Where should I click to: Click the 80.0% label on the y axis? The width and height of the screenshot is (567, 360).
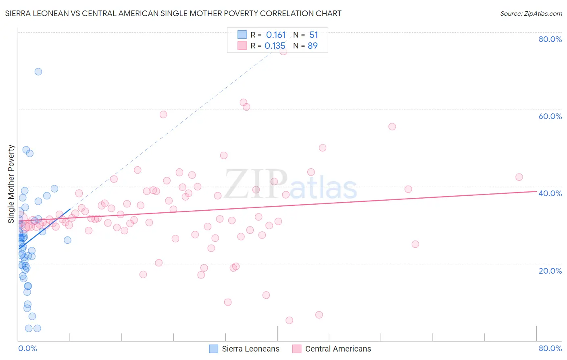click(550, 39)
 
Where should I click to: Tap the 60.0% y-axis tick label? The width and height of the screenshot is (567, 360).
click(550, 116)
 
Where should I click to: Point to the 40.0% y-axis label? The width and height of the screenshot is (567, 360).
click(550, 193)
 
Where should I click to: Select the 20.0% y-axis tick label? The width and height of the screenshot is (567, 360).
click(550, 271)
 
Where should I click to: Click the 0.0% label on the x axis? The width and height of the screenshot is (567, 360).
click(27, 348)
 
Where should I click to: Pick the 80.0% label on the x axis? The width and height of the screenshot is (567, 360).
click(550, 348)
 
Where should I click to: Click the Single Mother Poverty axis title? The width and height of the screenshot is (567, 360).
click(11, 184)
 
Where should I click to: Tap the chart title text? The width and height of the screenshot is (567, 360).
click(173, 13)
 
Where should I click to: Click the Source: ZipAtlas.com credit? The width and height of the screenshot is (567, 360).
click(531, 13)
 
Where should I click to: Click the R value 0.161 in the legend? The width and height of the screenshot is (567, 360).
click(276, 35)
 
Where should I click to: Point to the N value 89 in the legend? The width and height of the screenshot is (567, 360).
click(313, 46)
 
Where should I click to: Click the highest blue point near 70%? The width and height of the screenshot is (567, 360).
click(38, 71)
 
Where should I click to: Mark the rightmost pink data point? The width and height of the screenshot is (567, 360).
click(519, 177)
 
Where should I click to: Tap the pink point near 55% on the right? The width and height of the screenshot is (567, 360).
click(392, 127)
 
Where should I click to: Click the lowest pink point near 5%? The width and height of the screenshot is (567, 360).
click(289, 320)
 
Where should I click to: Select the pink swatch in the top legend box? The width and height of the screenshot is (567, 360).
click(242, 46)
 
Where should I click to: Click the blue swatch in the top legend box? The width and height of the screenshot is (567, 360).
click(242, 35)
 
